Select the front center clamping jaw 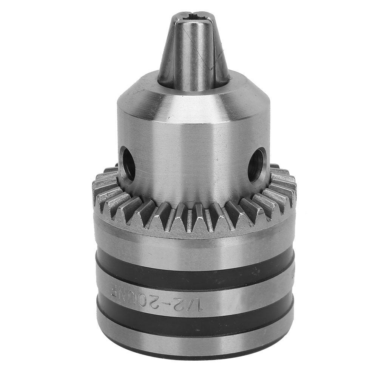coord(193,53)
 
